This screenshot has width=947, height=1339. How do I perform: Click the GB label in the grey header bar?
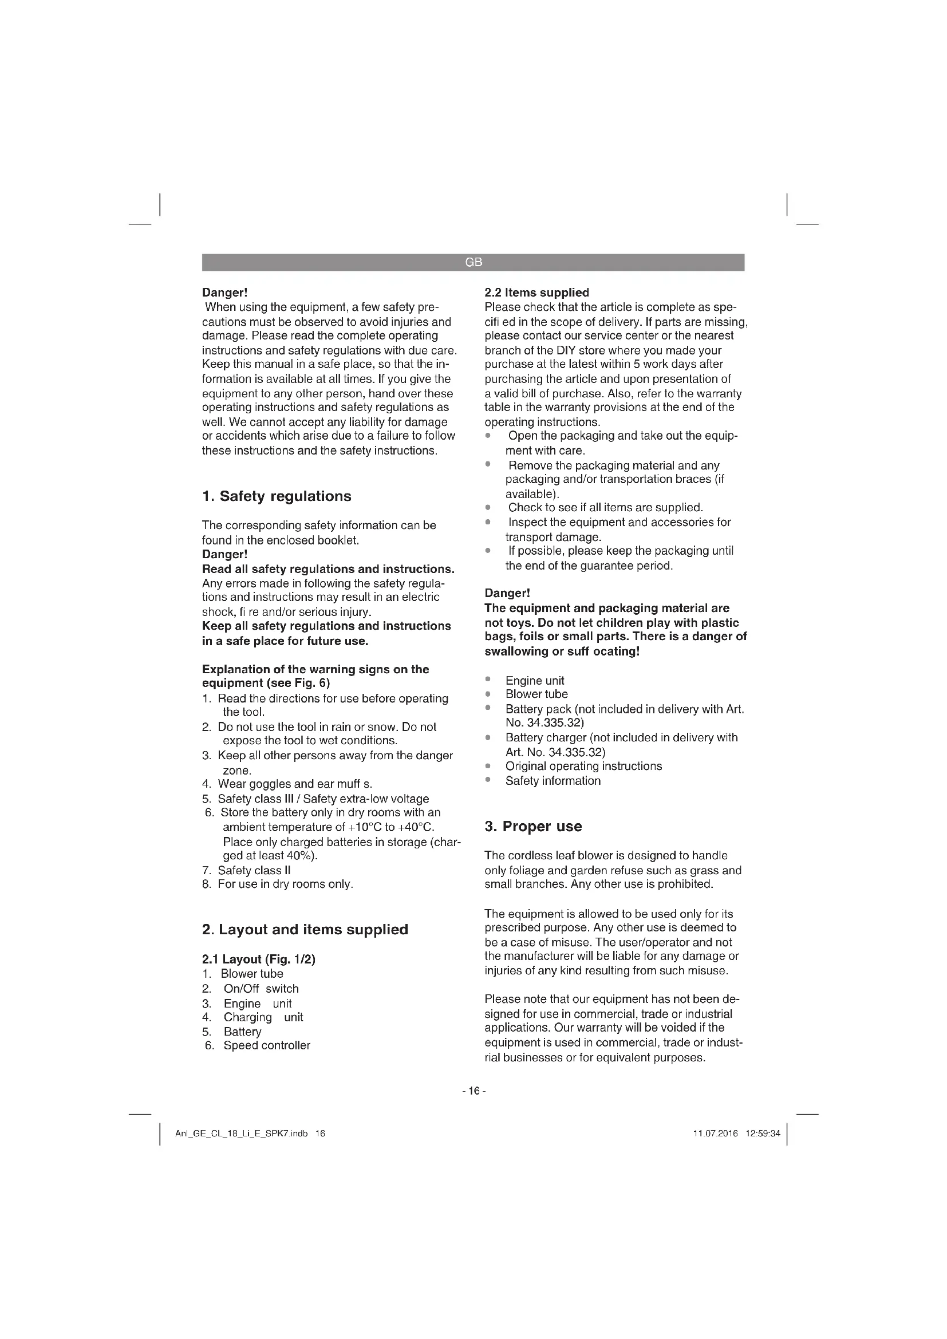(474, 262)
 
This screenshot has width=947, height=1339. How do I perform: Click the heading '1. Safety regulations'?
(277, 496)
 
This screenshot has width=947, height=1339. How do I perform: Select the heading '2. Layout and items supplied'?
(305, 930)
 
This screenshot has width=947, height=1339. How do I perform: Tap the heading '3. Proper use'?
(533, 827)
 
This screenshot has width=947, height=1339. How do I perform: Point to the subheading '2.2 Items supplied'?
(536, 293)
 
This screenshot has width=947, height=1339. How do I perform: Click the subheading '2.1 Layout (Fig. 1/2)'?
(258, 959)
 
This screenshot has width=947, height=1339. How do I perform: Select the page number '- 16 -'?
(474, 1091)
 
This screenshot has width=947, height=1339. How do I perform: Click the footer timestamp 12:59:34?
(763, 1133)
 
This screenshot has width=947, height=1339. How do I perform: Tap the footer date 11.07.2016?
(716, 1133)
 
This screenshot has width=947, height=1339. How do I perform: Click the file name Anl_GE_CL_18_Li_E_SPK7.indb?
(242, 1133)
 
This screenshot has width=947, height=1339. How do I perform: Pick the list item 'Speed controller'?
(266, 1046)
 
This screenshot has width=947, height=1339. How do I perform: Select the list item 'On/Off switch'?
(261, 989)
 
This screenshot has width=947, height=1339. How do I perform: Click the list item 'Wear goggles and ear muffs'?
(294, 784)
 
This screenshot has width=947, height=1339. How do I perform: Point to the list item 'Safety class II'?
(254, 871)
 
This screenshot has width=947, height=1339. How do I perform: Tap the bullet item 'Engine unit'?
(535, 681)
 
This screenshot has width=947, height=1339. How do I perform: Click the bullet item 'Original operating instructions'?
(583, 767)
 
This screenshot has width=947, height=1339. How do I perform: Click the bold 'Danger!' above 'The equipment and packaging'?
(507, 593)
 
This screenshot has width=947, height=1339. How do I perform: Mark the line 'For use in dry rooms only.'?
(285, 884)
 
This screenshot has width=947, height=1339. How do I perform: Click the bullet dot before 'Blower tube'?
(488, 694)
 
